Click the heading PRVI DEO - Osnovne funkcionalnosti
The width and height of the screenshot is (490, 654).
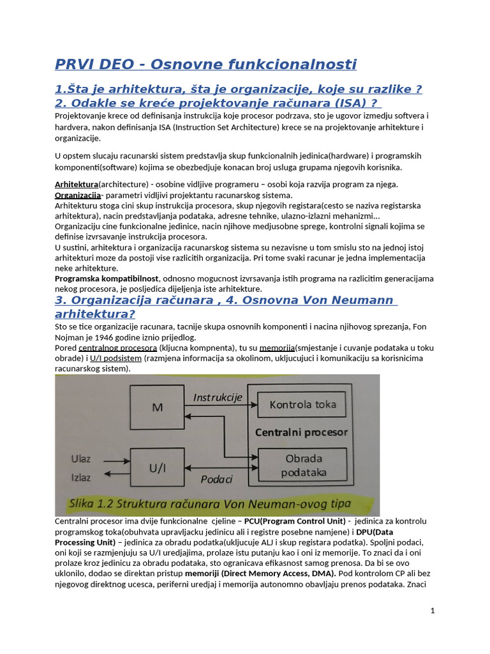tap(205, 65)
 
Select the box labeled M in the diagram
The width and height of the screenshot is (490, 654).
tap(157, 407)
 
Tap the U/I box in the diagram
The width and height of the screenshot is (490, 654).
tap(157, 468)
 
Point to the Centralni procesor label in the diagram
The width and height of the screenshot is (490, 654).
tap(301, 432)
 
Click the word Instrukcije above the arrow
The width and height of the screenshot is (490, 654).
tap(218, 397)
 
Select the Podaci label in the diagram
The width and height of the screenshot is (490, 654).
tap(216, 479)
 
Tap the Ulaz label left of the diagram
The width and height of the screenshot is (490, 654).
tap(82, 458)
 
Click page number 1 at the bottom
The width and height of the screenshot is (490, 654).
tap(433, 611)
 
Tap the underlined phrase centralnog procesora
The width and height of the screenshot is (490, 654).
tap(117, 348)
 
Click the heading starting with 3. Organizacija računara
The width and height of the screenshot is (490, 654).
tap(225, 300)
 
